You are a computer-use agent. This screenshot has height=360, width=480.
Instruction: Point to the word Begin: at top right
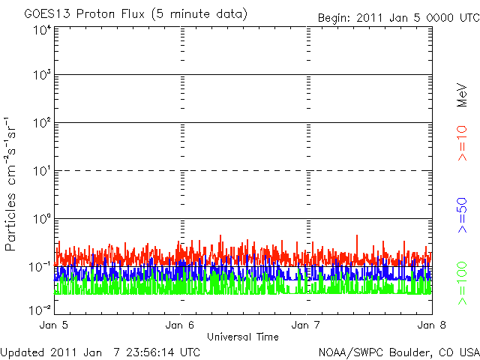334,17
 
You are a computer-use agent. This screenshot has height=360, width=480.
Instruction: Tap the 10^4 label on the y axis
41,30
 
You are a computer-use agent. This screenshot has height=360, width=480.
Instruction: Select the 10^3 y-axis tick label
41,75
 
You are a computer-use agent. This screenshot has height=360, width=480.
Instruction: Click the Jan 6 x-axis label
180,325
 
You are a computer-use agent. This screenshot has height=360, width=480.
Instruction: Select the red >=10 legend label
463,142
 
